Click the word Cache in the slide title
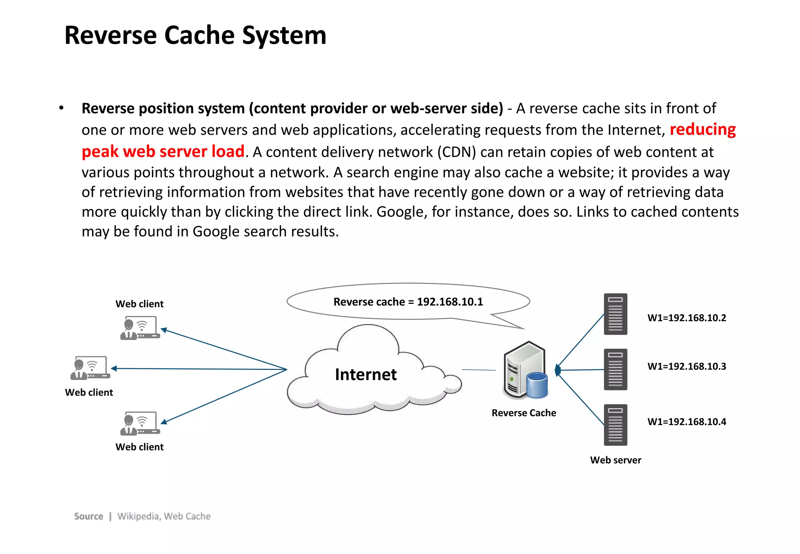199,35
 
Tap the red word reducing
702,130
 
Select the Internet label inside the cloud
366,374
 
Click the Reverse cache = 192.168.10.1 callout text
408,302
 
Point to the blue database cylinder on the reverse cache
537,385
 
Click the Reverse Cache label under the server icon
523,413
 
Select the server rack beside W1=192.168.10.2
615,314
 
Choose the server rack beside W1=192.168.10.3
615,370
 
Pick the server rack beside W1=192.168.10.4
615,425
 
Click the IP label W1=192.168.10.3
686,366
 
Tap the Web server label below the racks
615,460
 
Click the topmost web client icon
140,328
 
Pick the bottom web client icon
140,424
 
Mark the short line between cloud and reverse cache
479,370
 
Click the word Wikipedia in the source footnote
138,516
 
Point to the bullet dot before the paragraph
61,108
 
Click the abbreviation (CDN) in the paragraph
456,152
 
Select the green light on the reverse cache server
512,379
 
